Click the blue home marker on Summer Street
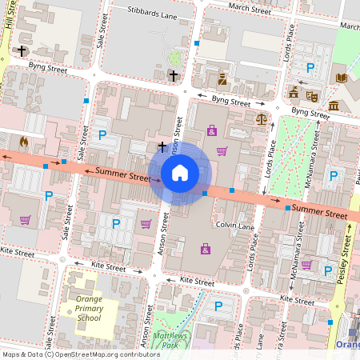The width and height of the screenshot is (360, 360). point(180,172)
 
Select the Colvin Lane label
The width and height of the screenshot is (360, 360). point(234,226)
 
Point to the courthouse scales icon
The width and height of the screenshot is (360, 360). point(261,118)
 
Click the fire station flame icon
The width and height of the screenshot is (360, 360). point(23,142)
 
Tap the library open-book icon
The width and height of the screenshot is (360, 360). point(342,78)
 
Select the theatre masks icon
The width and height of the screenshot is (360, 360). point(312,94)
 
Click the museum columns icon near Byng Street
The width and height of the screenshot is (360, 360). point(333,106)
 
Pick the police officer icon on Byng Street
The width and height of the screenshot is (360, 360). point(222,78)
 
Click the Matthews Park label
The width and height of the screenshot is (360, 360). point(170,339)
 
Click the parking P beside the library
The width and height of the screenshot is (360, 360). point(310,70)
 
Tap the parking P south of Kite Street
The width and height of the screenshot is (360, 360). point(218,306)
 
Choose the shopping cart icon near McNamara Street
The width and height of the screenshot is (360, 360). point(306,264)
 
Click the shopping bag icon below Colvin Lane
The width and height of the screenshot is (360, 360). point(206,249)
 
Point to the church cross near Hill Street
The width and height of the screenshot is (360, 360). point(22,50)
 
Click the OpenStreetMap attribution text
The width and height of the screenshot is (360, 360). point(82,354)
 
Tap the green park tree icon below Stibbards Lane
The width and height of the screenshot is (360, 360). point(176,58)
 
